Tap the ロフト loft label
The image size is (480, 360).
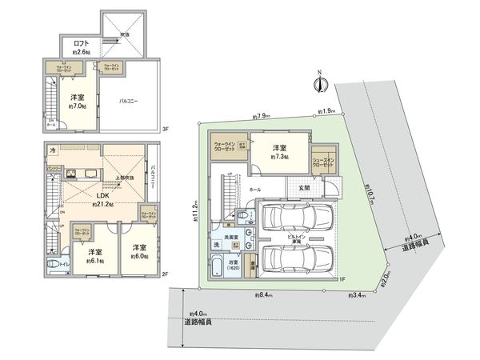click(80, 44)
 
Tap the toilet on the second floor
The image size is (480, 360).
click(54, 265)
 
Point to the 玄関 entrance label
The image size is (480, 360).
click(305, 188)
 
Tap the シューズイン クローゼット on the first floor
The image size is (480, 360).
click(322, 161)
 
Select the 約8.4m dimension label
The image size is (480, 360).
click(262, 295)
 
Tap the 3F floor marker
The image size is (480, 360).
click(166, 129)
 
